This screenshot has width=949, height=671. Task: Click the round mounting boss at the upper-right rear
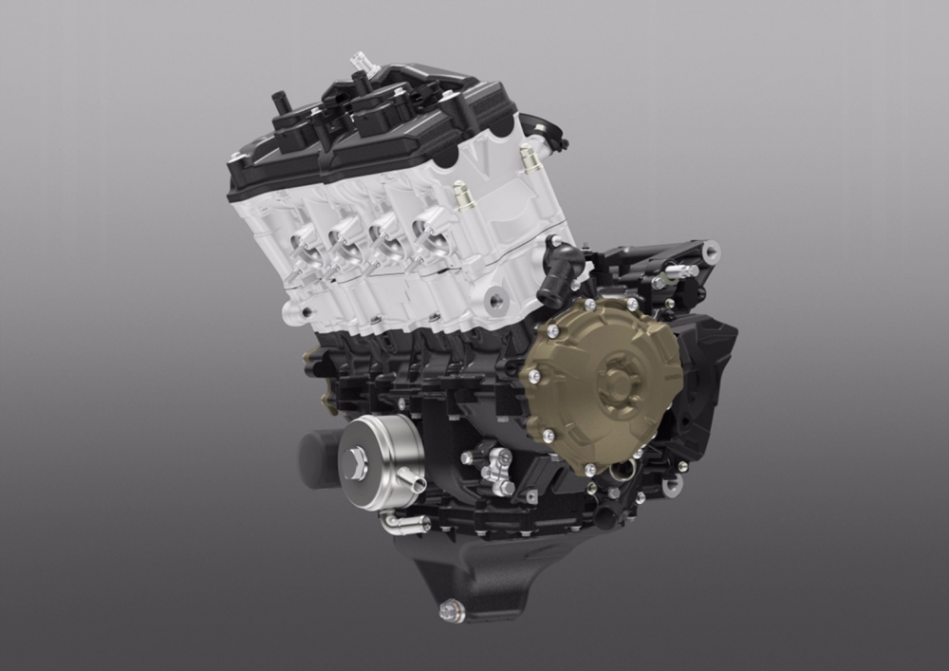coord(709,252)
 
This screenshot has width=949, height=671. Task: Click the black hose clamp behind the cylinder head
coord(547,133)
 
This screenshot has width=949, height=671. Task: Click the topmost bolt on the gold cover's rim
coord(590,305)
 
